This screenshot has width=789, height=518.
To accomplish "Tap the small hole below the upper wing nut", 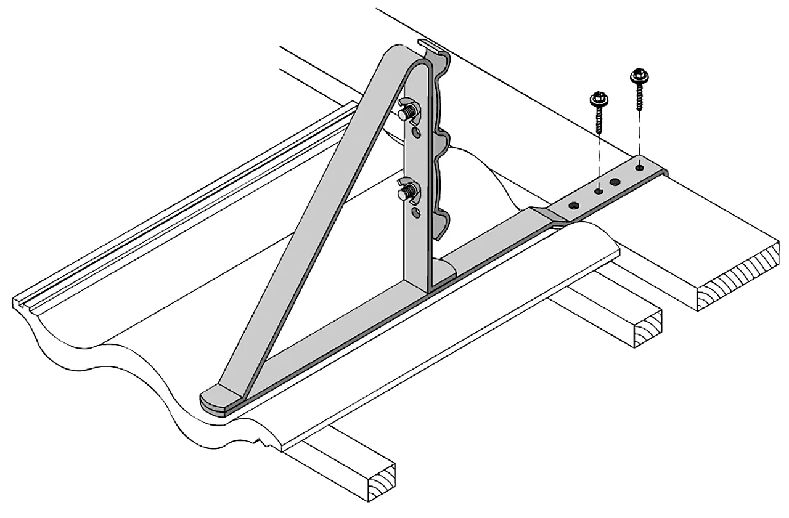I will (x=417, y=132).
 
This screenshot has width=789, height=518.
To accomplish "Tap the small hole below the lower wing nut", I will (x=417, y=212).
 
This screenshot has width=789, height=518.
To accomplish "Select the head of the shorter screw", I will (x=597, y=99).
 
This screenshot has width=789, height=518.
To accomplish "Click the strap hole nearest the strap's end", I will (x=639, y=166).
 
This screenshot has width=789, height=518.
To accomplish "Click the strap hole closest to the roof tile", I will (x=574, y=205).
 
